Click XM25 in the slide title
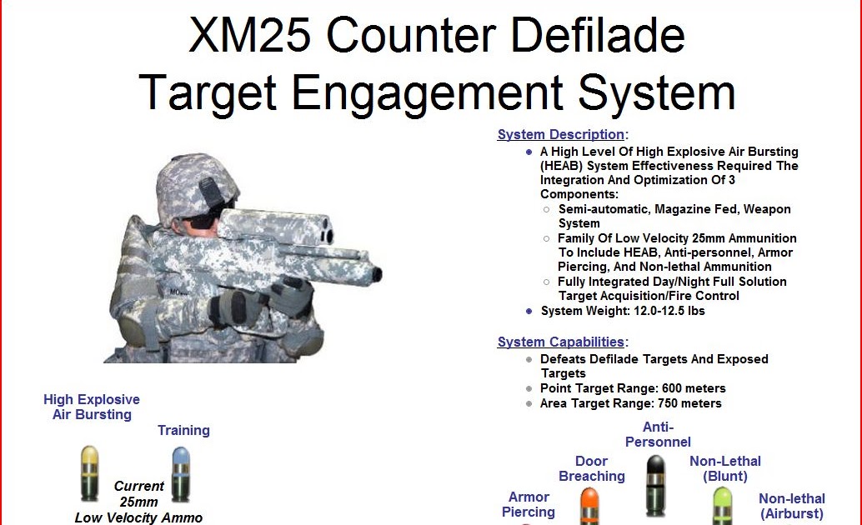[x=249, y=35]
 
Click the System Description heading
[x=560, y=135]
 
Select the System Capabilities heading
[x=560, y=342]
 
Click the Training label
[x=183, y=431]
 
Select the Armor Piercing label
[x=529, y=504]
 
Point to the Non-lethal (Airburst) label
[x=791, y=506]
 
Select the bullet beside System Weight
[x=529, y=311]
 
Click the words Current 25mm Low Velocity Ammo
[x=138, y=502]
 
